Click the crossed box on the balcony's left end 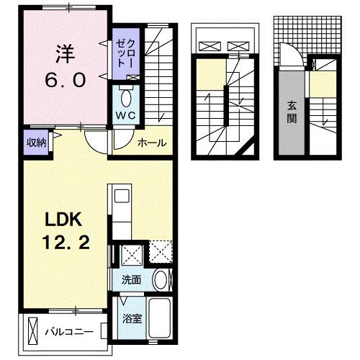coord(31,331)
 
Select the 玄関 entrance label coord(292,111)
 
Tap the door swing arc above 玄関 coord(289,54)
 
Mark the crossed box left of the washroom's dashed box coord(132,254)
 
